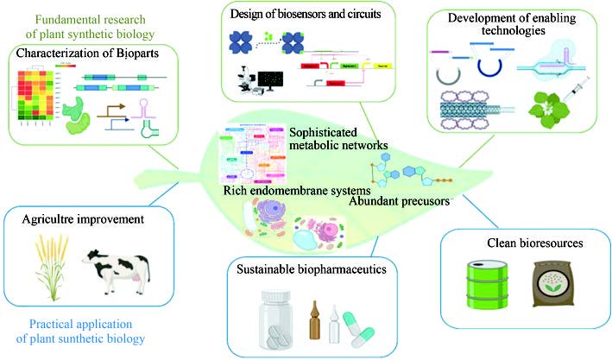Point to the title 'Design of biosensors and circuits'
pos(295,14)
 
